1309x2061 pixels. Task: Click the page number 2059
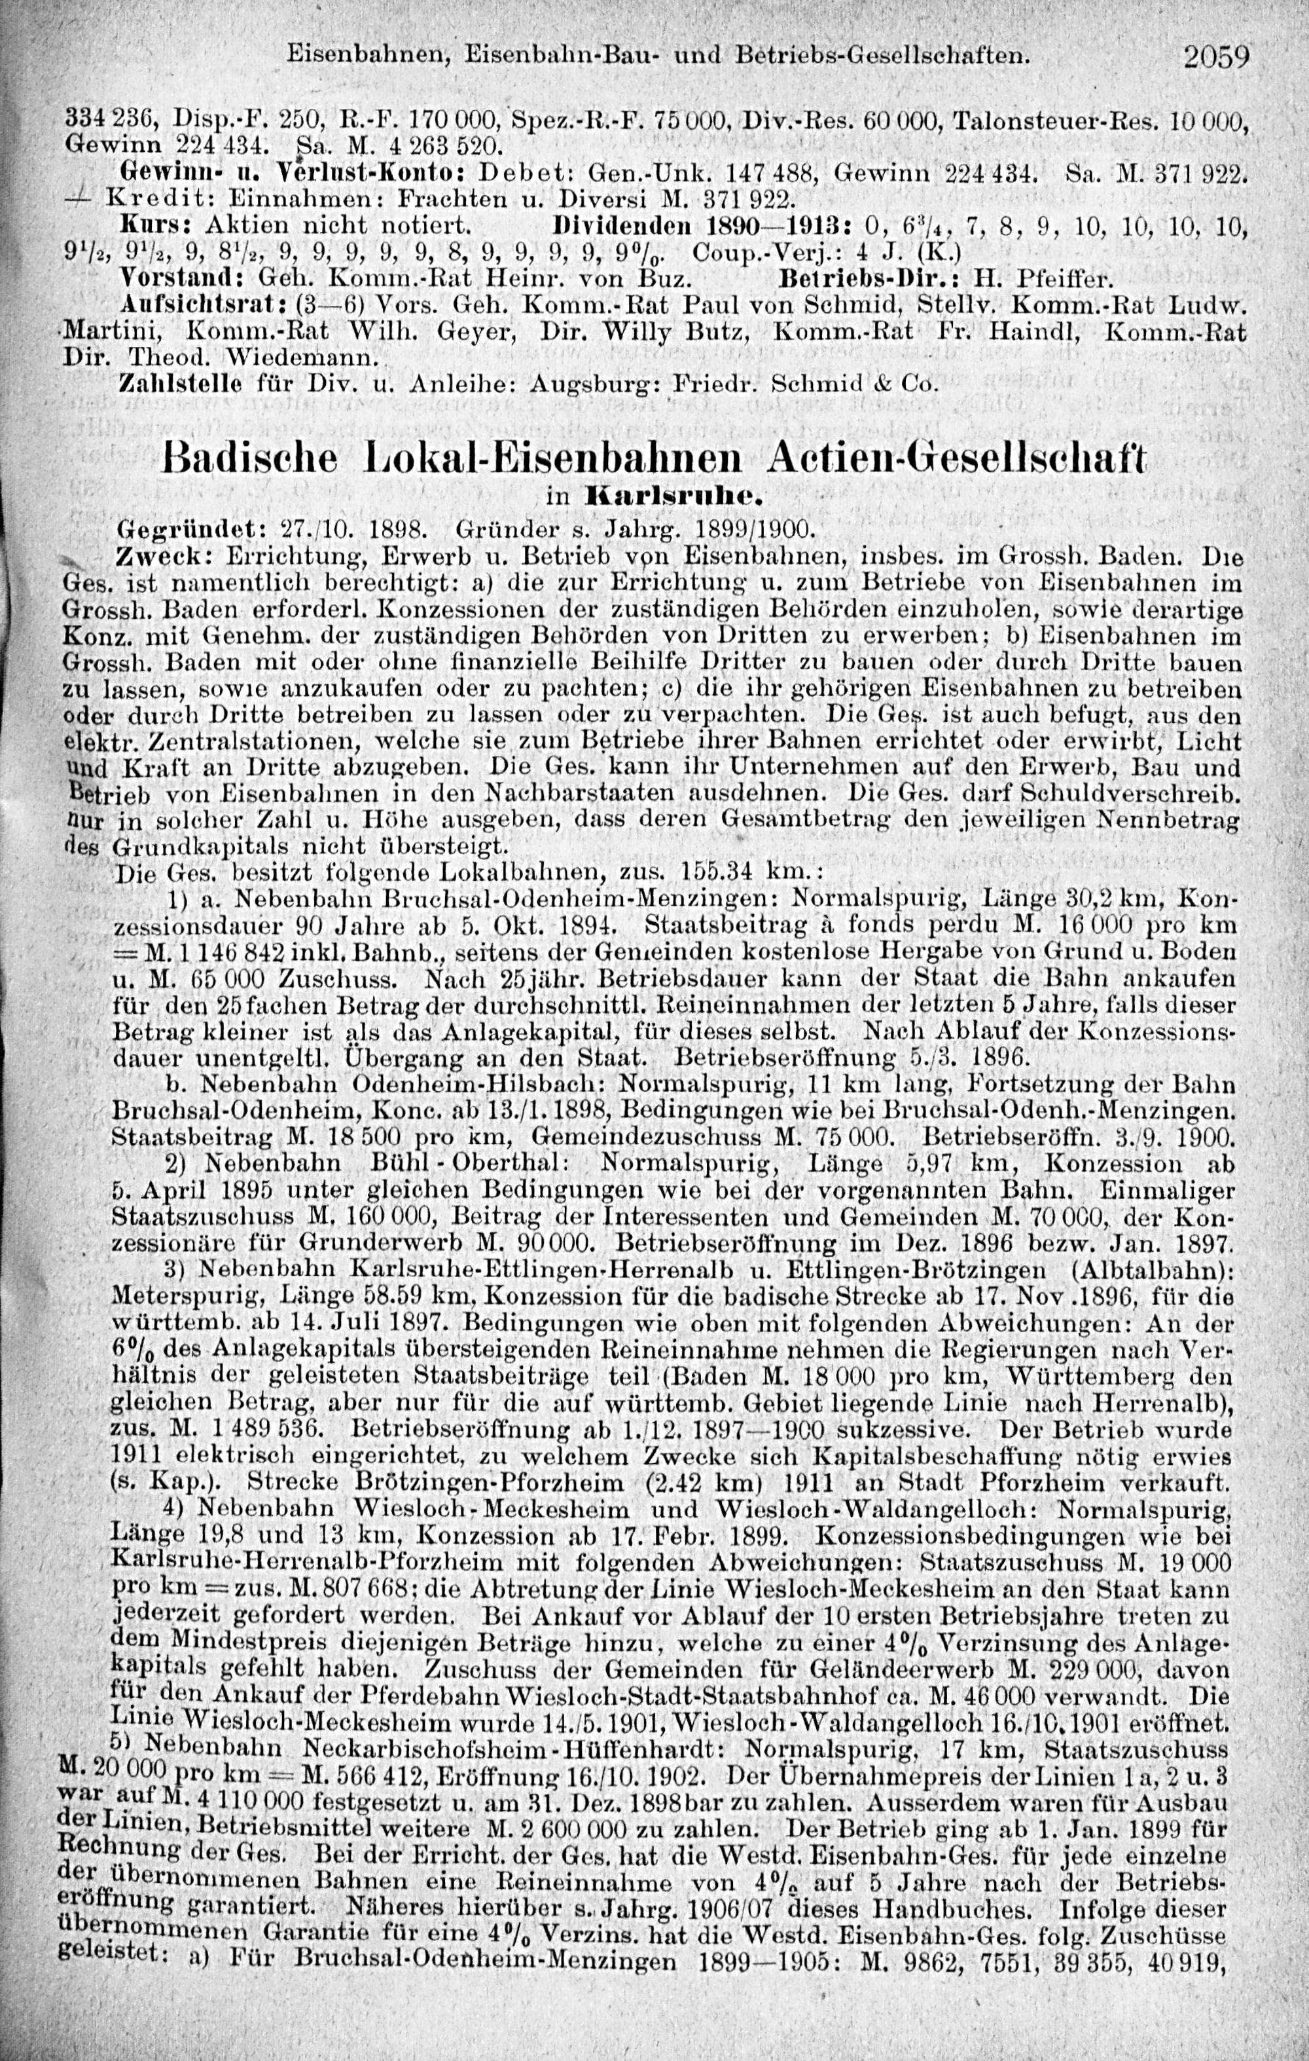pos(1217,58)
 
